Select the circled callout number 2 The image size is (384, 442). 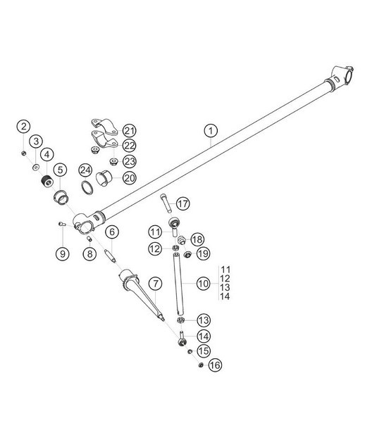[x=24, y=127]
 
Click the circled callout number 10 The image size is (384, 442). [x=112, y=231]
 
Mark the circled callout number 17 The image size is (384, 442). [x=183, y=204]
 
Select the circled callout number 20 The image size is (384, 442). [x=130, y=178]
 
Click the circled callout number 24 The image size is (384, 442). [x=85, y=170]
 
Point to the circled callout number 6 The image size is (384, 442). [x=112, y=231]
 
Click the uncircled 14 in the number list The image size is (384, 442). [x=225, y=296]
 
